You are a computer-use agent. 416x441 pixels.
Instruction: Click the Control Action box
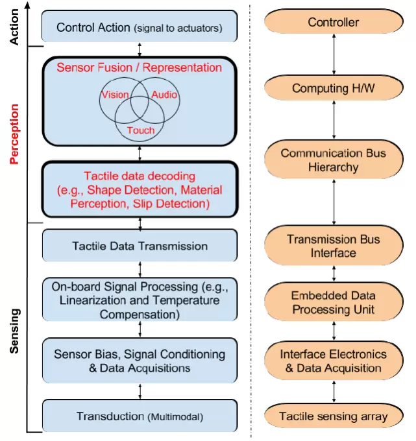[140, 27]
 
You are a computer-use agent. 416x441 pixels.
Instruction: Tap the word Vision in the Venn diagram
[114, 95]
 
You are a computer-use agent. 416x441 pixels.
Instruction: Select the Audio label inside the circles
[164, 95]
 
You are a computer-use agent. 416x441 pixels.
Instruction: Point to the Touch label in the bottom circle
[140, 130]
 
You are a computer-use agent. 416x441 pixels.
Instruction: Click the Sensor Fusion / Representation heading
[140, 67]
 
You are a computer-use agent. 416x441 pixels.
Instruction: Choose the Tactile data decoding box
[140, 189]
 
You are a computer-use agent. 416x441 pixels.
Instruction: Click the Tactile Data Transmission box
[140, 246]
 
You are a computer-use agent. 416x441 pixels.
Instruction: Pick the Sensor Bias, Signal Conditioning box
[140, 361]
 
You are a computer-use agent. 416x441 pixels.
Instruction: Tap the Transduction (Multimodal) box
[140, 416]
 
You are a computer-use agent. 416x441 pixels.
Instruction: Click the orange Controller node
[333, 23]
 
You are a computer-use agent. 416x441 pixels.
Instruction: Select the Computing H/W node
[333, 88]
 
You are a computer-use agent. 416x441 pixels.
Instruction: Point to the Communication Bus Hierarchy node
[333, 160]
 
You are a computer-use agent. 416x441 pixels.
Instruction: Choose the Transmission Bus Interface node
[333, 246]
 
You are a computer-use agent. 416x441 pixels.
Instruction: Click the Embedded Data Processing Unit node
[333, 302]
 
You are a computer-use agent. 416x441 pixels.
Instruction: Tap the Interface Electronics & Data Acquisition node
[333, 361]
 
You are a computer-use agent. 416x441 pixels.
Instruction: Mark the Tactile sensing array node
[333, 416]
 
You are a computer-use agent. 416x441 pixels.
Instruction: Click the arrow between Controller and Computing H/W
[334, 56]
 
